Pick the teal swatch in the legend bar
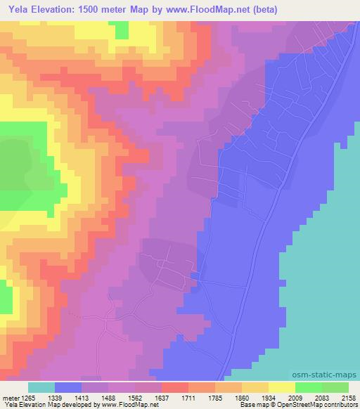point(41,387)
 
